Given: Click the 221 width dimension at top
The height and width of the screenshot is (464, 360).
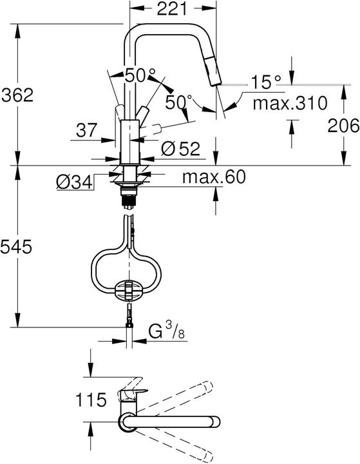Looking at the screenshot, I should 172,8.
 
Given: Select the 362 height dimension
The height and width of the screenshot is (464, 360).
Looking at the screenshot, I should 17,95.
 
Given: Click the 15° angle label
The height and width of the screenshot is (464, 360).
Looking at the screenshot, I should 266,82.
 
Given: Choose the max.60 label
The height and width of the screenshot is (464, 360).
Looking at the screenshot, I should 213,177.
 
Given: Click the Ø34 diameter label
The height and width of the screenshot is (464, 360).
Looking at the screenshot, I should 73,182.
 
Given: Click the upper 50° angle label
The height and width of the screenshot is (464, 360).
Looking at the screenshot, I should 137,75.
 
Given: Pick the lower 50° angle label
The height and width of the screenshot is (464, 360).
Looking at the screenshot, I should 178,102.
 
